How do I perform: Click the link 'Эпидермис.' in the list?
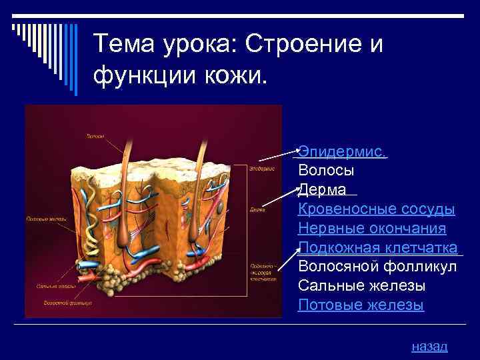(341, 152)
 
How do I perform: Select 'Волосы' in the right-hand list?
(326, 171)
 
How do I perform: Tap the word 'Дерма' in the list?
(322, 190)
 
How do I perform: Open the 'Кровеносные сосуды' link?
(377, 209)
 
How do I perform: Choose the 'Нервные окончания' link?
(372, 229)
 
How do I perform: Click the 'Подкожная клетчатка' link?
(378, 248)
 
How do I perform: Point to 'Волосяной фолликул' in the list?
(377, 267)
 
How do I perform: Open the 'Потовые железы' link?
(361, 305)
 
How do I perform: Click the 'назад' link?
(430, 346)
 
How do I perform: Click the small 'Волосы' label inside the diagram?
(94, 137)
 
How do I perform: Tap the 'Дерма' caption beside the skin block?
(258, 209)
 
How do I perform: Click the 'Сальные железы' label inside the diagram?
(50, 286)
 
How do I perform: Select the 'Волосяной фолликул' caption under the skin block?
(67, 303)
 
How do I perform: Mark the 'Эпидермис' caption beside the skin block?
(263, 169)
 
